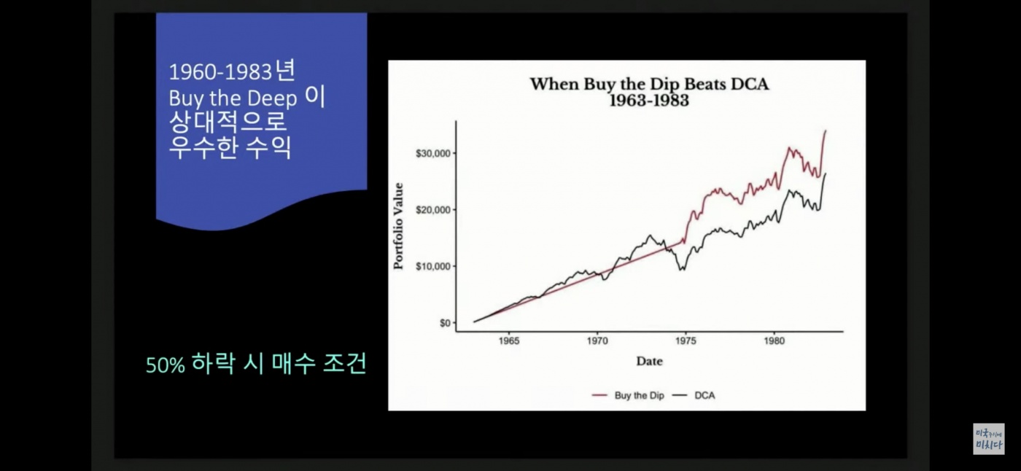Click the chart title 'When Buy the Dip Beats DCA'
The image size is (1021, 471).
(649, 84)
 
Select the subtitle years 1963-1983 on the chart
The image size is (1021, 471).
(649, 100)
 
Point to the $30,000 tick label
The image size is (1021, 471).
(433, 153)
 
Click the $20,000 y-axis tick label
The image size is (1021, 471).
(433, 209)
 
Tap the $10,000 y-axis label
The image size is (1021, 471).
(433, 266)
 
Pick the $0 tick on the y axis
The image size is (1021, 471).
(445, 323)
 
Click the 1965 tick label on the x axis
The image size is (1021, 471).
(509, 340)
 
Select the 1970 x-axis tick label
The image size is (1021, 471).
(597, 340)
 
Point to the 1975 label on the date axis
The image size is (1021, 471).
(686, 340)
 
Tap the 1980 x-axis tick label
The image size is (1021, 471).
(774, 340)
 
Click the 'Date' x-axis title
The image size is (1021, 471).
(650, 361)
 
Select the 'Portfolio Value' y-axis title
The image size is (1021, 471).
(398, 226)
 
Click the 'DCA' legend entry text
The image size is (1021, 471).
(704, 395)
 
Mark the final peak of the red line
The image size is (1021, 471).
(826, 131)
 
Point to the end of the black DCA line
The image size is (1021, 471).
(826, 174)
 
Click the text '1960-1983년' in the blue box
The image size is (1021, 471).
(233, 71)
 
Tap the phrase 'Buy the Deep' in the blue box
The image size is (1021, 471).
(233, 98)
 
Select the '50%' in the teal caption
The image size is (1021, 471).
(166, 365)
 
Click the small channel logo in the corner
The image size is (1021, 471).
(989, 439)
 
